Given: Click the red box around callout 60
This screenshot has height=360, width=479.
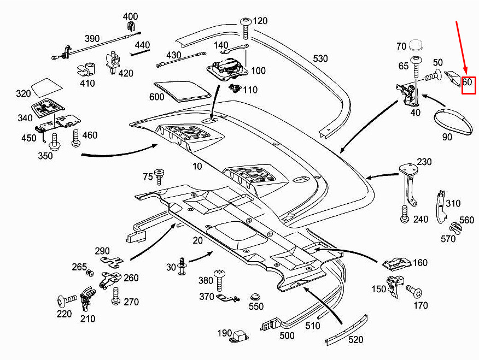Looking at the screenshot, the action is pyautogui.click(x=469, y=85).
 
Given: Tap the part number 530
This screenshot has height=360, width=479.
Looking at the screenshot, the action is pyautogui.click(x=320, y=58).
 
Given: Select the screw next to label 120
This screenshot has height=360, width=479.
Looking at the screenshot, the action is pyautogui.click(x=246, y=28).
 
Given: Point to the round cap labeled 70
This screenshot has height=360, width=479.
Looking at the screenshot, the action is pyautogui.click(x=416, y=45).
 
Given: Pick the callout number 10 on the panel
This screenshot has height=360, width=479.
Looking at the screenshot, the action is pyautogui.click(x=197, y=166).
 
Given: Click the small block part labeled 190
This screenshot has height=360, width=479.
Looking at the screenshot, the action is pyautogui.click(x=241, y=336).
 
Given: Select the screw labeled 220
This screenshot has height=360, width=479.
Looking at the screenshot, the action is pyautogui.click(x=67, y=300).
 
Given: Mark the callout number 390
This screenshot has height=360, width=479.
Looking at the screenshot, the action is pyautogui.click(x=92, y=38).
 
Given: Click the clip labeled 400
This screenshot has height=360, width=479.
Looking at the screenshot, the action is pyautogui.click(x=131, y=27).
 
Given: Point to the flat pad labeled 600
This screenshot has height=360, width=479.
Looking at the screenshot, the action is pyautogui.click(x=183, y=91).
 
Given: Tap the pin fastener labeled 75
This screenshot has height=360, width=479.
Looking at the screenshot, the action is pyautogui.click(x=159, y=176).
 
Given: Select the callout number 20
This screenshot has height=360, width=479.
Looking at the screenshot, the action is pyautogui.click(x=197, y=240).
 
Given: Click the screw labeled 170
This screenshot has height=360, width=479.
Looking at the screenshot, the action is pyautogui.click(x=414, y=292).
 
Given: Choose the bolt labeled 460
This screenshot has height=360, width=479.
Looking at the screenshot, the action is pyautogui.click(x=76, y=138).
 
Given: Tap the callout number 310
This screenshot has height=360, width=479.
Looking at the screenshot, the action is pyautogui.click(x=453, y=203).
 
